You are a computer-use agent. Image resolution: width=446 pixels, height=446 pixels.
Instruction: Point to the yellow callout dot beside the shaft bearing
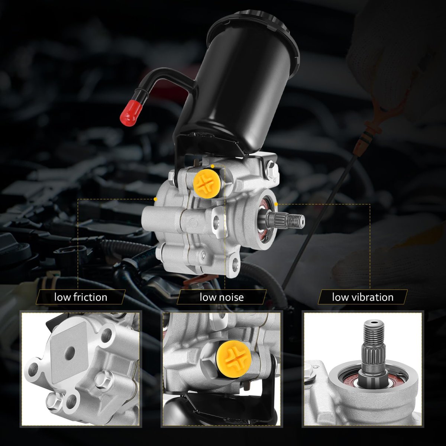pos(276,204)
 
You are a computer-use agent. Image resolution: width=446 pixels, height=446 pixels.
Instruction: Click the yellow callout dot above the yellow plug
pos(213,166)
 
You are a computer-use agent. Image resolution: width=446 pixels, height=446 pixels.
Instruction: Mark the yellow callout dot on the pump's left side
pos(155,199)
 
